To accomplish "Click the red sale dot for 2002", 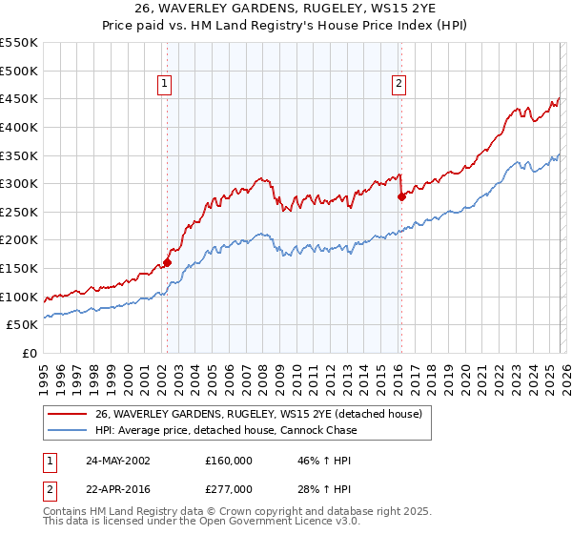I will point(167,262).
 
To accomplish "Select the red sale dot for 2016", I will point(401,196).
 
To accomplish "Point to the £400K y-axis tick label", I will point(19,127).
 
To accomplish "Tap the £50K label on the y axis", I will point(22,325).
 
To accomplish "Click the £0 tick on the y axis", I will point(31,354).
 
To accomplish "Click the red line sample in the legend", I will point(67,414).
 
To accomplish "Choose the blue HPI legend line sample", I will point(67,430).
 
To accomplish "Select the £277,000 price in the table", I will point(229,488).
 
